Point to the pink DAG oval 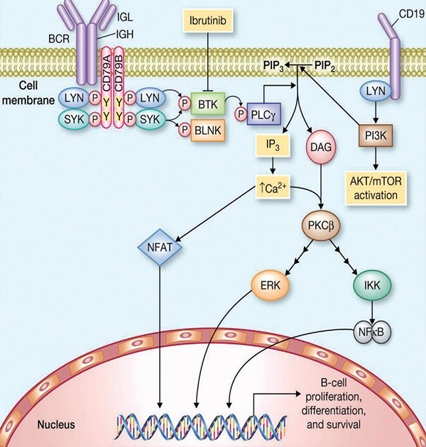pyautogui.click(x=317, y=147)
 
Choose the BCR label pyautogui.click(x=60, y=33)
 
